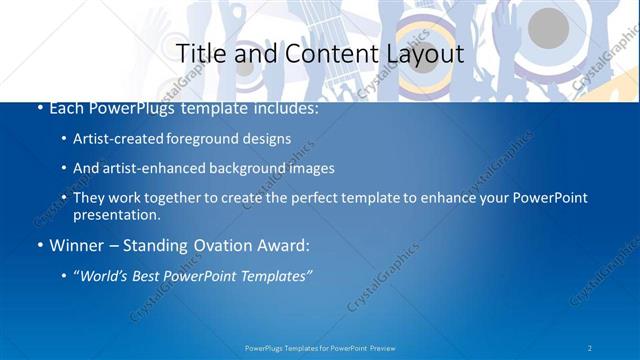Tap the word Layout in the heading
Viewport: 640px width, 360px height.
click(x=419, y=53)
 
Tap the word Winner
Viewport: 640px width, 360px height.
click(x=76, y=245)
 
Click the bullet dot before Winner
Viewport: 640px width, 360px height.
click(x=39, y=246)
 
